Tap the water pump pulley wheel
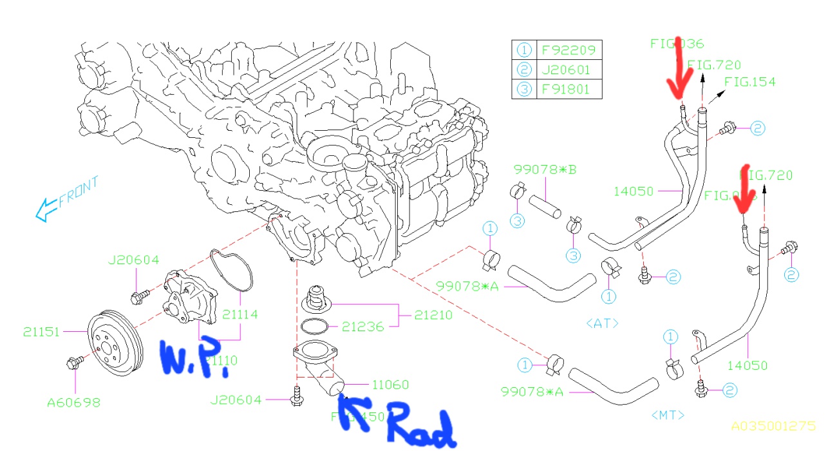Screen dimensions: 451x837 pos(111,346)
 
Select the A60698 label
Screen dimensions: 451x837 pos(73,403)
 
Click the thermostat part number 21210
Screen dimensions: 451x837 pos(433,316)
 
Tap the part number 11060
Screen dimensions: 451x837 pos(390,385)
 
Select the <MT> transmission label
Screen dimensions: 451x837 pos(667,416)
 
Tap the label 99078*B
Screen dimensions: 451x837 pos(545,170)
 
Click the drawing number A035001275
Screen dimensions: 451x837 pos(773,426)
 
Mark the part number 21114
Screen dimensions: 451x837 pos(240,314)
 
